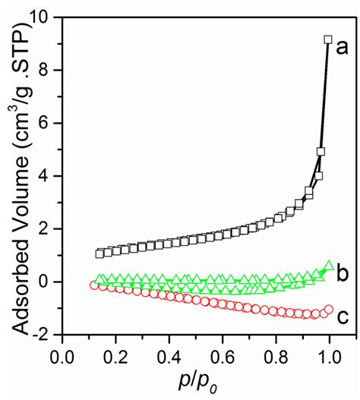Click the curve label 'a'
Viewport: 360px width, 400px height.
point(342,48)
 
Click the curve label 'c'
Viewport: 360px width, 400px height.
point(342,317)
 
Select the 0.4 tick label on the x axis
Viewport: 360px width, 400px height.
point(169,356)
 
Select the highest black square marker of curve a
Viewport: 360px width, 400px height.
point(328,39)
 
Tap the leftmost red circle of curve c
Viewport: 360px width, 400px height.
point(94,285)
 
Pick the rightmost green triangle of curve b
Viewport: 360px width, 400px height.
point(329,266)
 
